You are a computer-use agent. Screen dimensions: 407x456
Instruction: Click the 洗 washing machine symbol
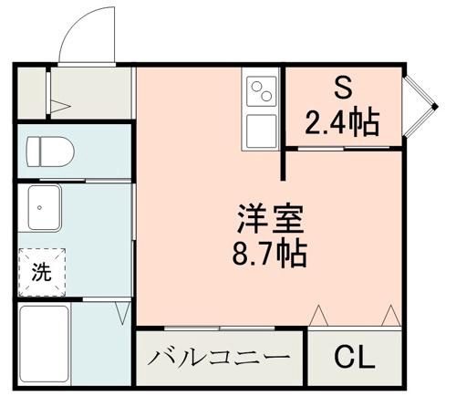coord(42,271)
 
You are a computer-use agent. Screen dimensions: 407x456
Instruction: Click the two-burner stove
coord(263,92)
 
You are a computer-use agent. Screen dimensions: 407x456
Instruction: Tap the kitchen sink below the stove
coord(263,130)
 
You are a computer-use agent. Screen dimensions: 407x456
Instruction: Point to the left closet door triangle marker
coord(319,315)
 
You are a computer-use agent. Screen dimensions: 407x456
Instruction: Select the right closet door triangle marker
coord(390,315)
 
